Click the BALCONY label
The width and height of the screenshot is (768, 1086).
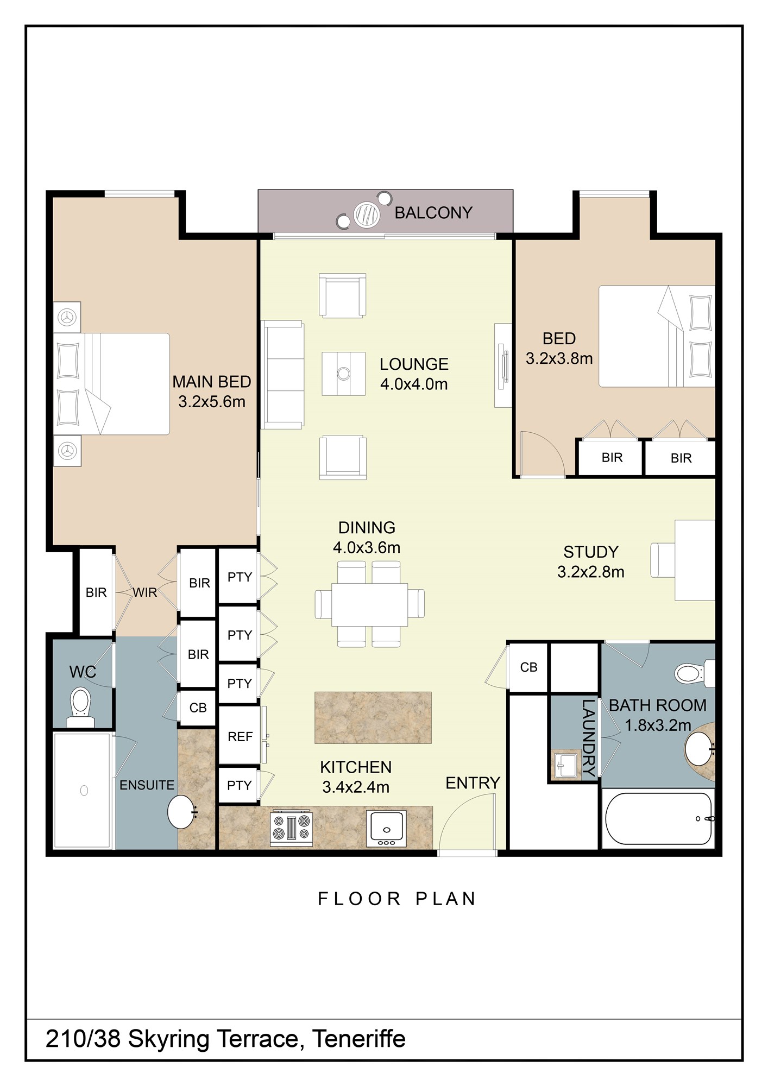[x=433, y=213]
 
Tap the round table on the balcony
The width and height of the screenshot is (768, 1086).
[x=367, y=214]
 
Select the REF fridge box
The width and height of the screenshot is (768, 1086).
[x=239, y=736]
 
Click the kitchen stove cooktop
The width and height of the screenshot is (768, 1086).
[x=292, y=828]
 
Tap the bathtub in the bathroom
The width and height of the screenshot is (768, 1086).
[x=658, y=818]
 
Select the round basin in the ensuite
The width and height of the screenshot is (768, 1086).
[x=182, y=812]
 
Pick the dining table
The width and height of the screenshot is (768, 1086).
[x=369, y=604]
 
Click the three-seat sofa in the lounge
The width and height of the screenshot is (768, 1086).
[x=282, y=375]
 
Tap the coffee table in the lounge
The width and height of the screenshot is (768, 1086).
[x=343, y=374]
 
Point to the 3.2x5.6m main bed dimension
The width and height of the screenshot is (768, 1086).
[x=212, y=402]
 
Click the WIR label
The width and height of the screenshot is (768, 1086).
[x=145, y=592]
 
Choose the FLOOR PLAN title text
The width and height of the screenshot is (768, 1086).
[x=396, y=899]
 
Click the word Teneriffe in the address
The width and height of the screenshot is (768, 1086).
[x=359, y=1039]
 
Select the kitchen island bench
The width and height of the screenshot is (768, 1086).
[x=373, y=717]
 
